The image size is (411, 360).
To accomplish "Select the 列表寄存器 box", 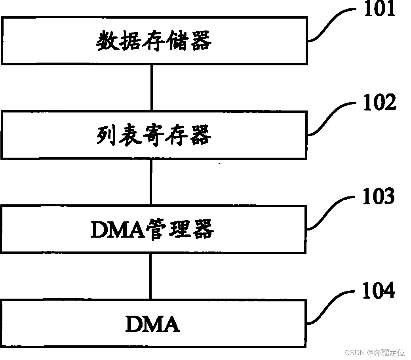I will (154, 135).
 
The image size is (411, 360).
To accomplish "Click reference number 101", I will (379, 9).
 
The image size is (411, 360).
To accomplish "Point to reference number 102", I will (379, 103).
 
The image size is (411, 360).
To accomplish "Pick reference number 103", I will (379, 197).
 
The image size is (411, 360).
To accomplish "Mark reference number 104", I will (379, 291).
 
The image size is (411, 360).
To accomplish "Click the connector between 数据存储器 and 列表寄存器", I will (151, 88).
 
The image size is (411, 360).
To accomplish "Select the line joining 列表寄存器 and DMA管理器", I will (151, 182).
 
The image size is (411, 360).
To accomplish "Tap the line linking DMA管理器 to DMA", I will (150, 276).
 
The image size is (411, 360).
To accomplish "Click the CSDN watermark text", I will (375, 352).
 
